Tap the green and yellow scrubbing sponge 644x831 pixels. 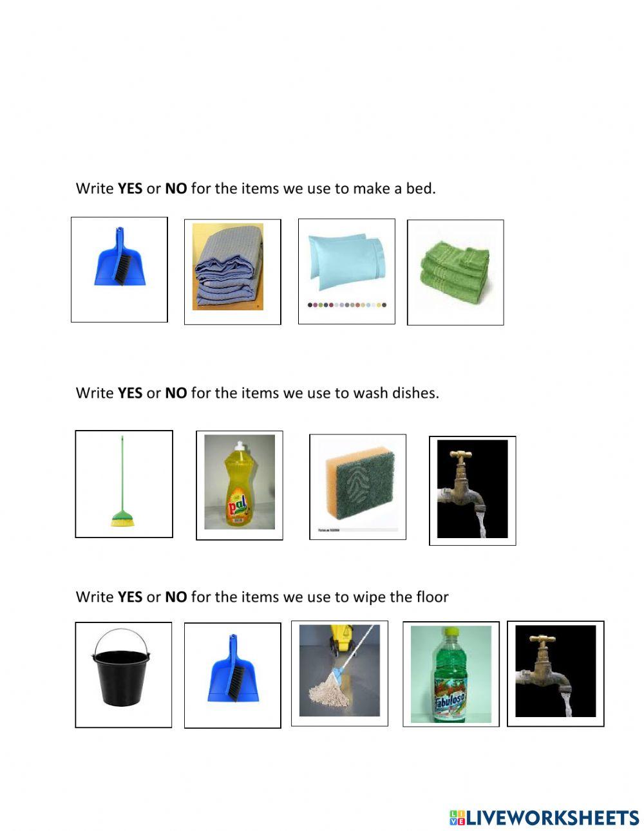click(x=357, y=485)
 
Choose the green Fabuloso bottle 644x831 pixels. click(x=450, y=676)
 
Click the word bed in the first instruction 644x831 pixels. click(x=422, y=189)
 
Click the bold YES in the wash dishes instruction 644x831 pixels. click(x=129, y=393)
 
